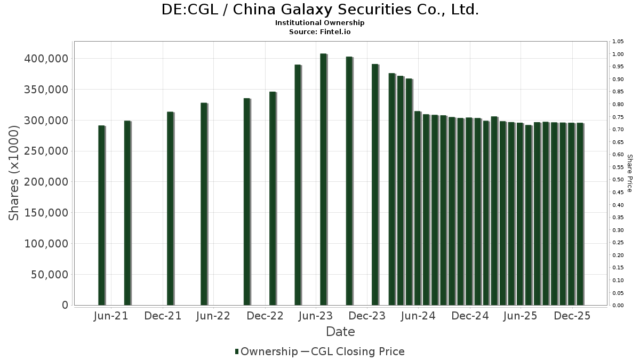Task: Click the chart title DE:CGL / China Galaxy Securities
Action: [x=319, y=10]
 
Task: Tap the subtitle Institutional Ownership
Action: [x=319, y=23]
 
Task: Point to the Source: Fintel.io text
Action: [x=319, y=32]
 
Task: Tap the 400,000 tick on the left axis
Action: [x=46, y=58]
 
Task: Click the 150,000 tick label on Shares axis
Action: [x=46, y=213]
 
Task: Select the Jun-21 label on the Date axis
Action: [x=111, y=316]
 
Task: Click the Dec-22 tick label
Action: [x=266, y=316]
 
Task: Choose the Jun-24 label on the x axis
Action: [x=419, y=316]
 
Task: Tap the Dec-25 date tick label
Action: [x=572, y=316]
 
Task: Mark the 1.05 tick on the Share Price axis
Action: [x=618, y=42]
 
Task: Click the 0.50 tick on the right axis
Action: [x=618, y=180]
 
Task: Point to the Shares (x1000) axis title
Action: [x=15, y=173]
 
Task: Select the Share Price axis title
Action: [x=629, y=173]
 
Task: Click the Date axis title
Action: [x=340, y=332]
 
